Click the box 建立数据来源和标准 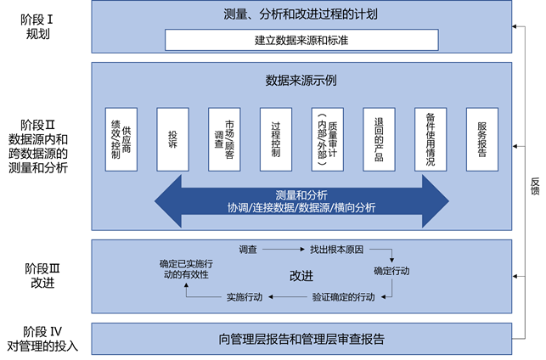point(301,39)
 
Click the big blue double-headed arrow point(301,201)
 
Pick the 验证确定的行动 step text point(343,296)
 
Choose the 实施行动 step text point(250,296)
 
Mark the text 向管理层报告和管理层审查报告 point(301,339)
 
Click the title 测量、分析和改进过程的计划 point(301,14)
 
